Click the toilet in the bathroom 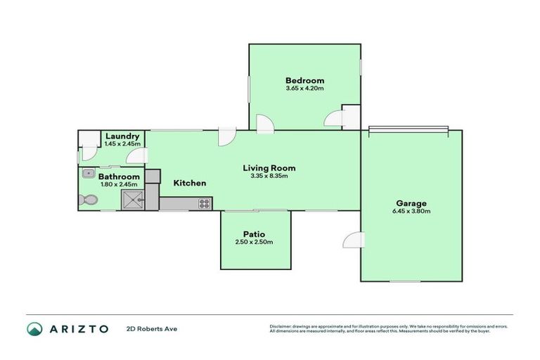(87, 200)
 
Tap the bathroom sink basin (88, 174)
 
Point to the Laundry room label (122, 136)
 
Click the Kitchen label (190, 183)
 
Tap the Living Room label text (269, 168)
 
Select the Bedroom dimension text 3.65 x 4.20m (304, 89)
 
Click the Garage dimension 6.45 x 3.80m (411, 211)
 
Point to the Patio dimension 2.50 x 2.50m (254, 242)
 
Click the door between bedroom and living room (264, 124)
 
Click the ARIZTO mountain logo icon (34, 328)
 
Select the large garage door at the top (409, 129)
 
